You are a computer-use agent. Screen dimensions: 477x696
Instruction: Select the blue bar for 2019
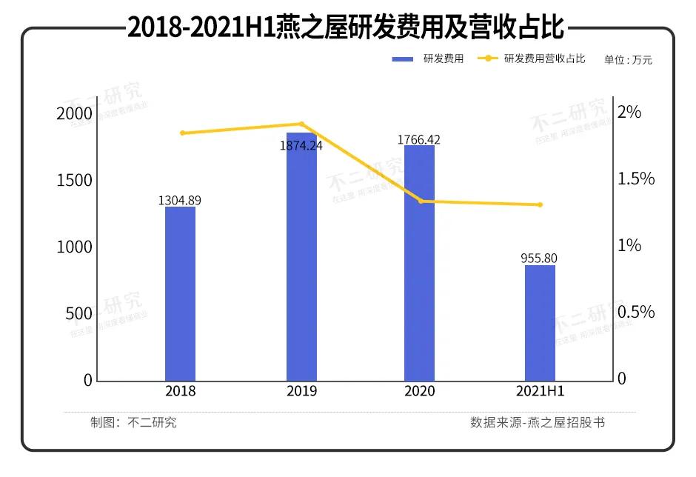301,259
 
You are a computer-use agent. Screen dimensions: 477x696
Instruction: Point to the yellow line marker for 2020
421,201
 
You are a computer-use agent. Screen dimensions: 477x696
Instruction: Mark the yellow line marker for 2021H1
540,205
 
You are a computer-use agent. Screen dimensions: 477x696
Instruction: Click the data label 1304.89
180,200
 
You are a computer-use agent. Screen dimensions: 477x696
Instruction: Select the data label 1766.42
419,139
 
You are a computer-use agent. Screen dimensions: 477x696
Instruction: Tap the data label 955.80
539,258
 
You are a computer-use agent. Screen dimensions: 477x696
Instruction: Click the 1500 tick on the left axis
75,180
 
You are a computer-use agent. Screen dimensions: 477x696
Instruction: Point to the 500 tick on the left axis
79,313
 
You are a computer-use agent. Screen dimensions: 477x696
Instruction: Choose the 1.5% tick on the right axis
637,179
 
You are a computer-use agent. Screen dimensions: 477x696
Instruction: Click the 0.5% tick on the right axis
637,312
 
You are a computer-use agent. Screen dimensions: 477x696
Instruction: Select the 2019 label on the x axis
301,392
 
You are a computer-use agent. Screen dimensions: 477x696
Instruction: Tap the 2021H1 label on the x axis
540,392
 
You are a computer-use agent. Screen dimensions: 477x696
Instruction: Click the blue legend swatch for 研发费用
403,59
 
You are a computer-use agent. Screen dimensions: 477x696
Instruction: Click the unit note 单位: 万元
628,60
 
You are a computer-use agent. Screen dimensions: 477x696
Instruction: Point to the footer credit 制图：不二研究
134,423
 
